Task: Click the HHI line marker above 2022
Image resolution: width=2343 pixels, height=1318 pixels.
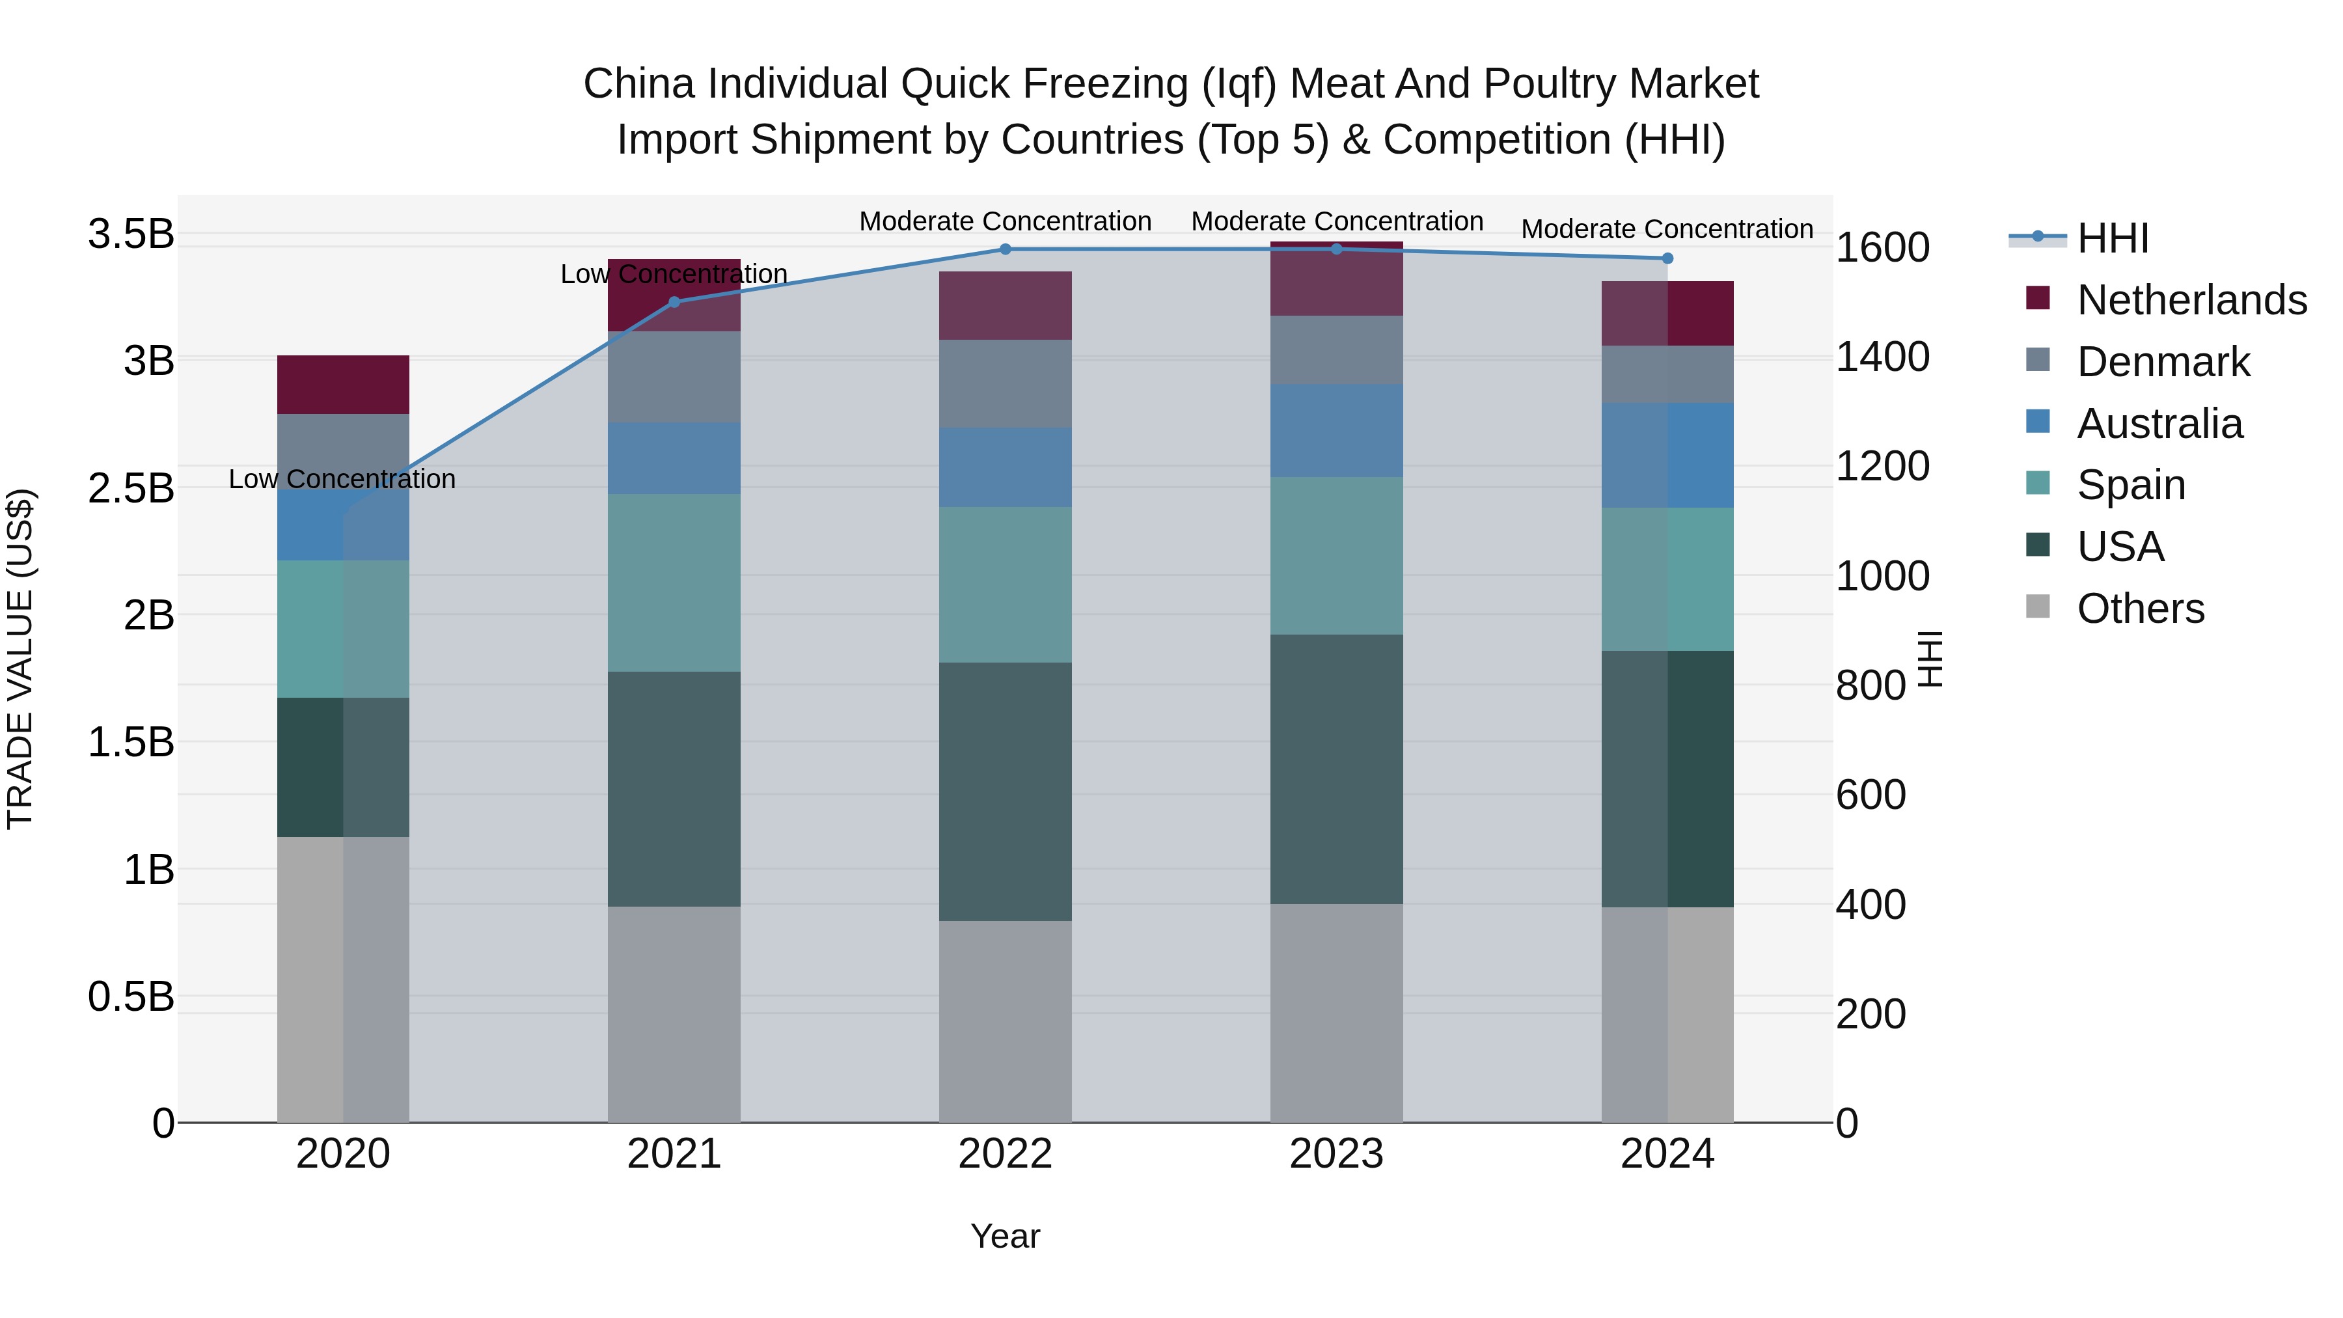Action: (x=1005, y=249)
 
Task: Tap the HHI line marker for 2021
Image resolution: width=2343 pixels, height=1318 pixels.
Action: (x=674, y=302)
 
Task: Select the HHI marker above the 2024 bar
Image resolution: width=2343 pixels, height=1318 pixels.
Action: (x=1667, y=258)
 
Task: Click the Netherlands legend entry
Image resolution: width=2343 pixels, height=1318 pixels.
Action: (x=2191, y=300)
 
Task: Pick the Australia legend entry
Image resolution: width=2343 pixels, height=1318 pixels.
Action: (x=2159, y=424)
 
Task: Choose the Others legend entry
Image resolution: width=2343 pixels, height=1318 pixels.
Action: (x=2140, y=609)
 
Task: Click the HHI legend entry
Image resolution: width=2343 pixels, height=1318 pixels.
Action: (x=2112, y=238)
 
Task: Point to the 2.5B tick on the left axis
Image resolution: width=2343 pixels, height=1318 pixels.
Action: (x=131, y=488)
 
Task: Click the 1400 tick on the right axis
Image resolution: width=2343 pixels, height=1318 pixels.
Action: (x=1882, y=357)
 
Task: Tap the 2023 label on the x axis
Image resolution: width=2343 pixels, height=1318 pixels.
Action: (x=1336, y=1154)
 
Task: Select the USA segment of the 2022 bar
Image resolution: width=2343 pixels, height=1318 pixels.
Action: (x=1005, y=791)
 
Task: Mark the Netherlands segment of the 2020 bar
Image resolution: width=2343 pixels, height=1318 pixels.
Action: (x=343, y=385)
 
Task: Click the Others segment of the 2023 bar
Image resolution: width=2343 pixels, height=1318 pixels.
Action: (x=1336, y=1012)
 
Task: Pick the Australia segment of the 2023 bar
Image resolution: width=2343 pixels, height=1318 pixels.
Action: (x=1336, y=430)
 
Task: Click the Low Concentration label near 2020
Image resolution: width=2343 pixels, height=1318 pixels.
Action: (x=342, y=479)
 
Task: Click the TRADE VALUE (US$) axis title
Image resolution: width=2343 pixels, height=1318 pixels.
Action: (x=20, y=659)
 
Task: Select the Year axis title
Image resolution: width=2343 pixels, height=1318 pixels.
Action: (x=1005, y=1236)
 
